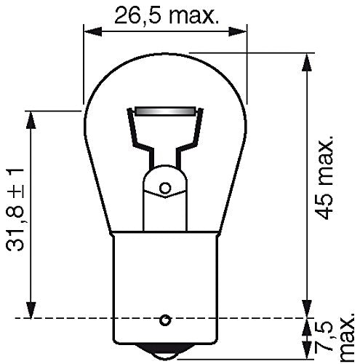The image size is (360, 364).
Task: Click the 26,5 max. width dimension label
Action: point(167,15)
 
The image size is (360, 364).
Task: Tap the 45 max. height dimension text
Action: point(325,177)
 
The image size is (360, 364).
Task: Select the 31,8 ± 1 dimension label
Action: point(15,209)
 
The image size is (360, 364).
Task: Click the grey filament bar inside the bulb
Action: point(166,111)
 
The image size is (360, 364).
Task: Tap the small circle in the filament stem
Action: point(165,188)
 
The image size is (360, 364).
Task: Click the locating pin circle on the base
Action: point(165,320)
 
